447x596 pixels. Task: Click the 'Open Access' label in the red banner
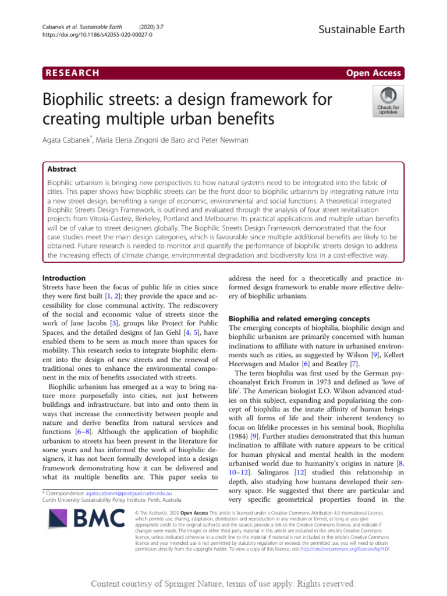click(x=372, y=73)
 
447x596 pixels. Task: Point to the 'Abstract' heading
click(x=62, y=169)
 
